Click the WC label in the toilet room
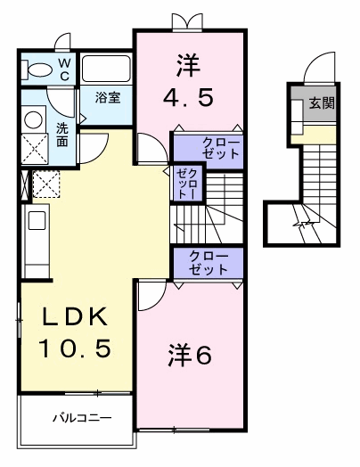coord(65,70)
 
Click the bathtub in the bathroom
coord(106,69)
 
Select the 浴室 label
coord(108,97)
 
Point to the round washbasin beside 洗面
coord(33,120)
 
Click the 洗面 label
coord(62,135)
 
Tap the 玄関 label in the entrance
coord(322,102)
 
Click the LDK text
coord(75,316)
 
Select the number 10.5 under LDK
coord(75,348)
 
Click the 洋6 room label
coord(190,355)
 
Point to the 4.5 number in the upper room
coord(188,98)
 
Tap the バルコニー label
coord(82,418)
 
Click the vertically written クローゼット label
coord(187,184)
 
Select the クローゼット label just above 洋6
coord(209,263)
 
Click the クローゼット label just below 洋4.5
coord(221,148)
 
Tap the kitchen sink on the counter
coord(37,220)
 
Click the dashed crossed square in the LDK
coord(45,184)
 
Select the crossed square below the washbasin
coord(35,149)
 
